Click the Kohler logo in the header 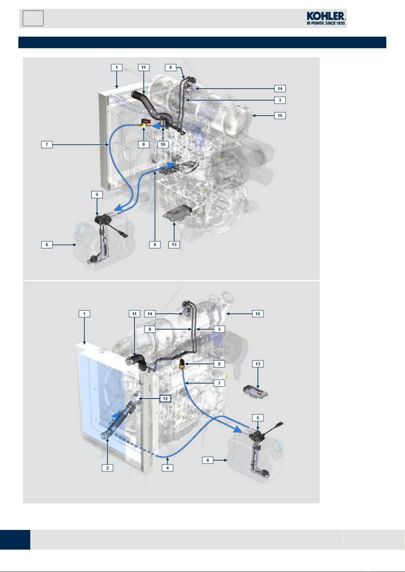click(326, 18)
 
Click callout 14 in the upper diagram click(280, 89)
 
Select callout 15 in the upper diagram click(280, 115)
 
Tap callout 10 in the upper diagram click(163, 145)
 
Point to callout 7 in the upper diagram click(47, 145)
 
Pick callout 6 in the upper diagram click(47, 245)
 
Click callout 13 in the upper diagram click(174, 245)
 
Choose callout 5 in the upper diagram click(97, 195)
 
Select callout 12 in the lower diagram click(165, 398)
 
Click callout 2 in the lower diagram click(107, 468)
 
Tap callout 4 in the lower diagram click(168, 468)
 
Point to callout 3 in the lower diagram click(219, 329)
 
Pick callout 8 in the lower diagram click(150, 329)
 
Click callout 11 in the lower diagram click(135, 314)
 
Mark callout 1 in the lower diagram click(84, 314)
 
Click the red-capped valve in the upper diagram click(144, 123)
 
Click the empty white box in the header click(33, 18)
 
